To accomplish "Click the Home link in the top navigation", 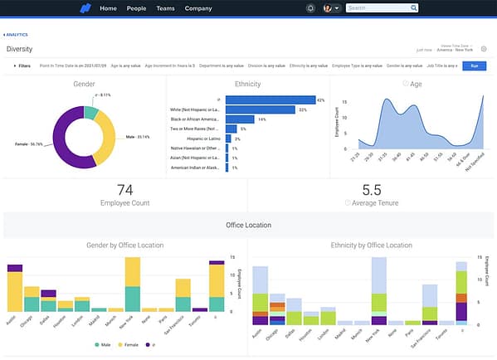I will point(108,8).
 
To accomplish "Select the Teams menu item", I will point(165,8).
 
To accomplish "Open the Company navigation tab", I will point(198,8).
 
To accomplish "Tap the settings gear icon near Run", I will point(484,49).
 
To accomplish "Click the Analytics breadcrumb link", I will point(17,35).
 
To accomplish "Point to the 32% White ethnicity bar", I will point(261,109).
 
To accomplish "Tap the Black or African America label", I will point(193,119).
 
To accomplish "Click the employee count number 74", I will point(125,190).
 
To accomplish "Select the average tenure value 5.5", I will point(372,190).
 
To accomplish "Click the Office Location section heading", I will point(248,225).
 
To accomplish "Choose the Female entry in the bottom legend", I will point(127,344).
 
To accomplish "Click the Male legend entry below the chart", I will point(103,344).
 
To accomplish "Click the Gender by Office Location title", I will point(125,246).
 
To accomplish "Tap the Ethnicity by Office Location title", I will point(371,246).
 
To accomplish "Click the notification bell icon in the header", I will point(309,8).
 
